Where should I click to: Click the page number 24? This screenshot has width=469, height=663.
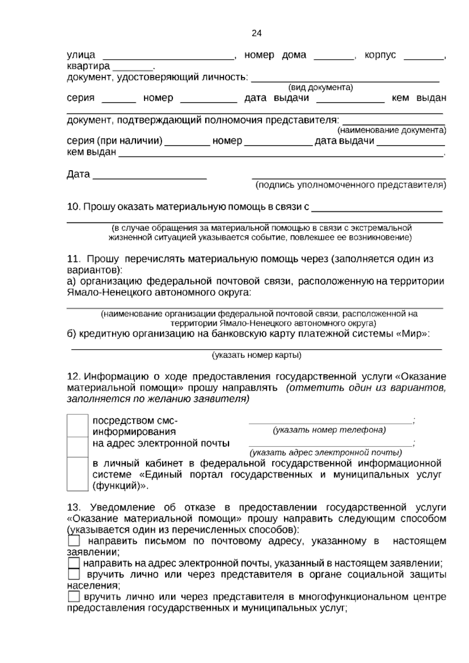click(x=256, y=33)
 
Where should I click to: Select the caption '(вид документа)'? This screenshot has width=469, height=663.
click(x=320, y=88)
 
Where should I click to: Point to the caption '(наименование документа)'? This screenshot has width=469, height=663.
click(x=392, y=130)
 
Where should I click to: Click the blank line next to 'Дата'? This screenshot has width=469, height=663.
click(x=150, y=177)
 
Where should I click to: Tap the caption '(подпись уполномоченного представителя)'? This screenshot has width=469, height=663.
click(x=351, y=185)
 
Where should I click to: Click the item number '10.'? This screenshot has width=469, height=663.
click(x=73, y=207)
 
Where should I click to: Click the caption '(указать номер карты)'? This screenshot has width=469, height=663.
click(x=256, y=355)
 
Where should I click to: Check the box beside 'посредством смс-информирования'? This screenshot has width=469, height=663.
click(x=77, y=426)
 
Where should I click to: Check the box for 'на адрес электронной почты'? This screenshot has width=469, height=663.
click(x=77, y=447)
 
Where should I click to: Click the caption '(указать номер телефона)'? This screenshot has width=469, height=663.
click(x=329, y=430)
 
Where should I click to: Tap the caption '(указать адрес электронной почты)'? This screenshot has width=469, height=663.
click(x=326, y=453)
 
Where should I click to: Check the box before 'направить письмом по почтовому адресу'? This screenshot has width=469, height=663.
click(x=73, y=541)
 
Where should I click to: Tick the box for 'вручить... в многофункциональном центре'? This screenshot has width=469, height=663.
click(x=73, y=597)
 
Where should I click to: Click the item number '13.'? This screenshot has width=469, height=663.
click(x=73, y=507)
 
